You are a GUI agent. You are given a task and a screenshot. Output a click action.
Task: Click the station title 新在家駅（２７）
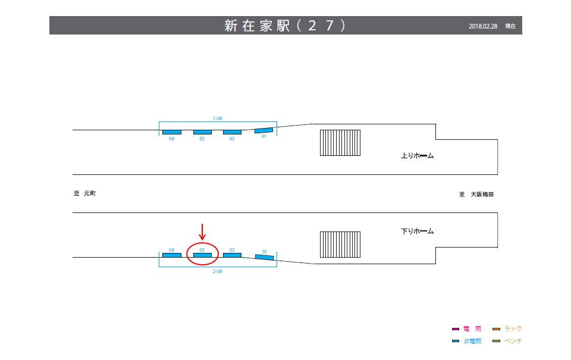[x=285, y=26]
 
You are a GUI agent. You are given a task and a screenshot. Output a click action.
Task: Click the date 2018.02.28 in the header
[x=483, y=26]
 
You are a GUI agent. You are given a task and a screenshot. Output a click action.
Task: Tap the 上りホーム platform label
[x=418, y=156]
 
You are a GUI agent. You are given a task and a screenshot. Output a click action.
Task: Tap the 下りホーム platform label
[x=418, y=231]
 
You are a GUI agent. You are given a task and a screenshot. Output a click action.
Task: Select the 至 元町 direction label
[x=84, y=193]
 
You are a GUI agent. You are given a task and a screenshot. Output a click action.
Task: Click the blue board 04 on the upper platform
[x=172, y=132]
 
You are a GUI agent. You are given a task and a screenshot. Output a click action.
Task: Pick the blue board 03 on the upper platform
[x=202, y=132]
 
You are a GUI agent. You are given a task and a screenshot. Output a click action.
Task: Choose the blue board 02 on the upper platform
[x=232, y=132]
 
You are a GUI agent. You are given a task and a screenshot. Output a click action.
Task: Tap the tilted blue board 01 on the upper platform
[x=263, y=130]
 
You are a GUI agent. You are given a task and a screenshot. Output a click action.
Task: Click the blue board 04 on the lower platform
[x=172, y=255]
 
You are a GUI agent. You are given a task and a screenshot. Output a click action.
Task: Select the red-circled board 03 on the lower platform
[x=202, y=255]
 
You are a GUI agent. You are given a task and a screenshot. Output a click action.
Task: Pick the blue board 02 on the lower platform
[x=232, y=255]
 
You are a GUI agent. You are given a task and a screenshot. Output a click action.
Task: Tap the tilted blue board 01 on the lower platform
[x=265, y=256]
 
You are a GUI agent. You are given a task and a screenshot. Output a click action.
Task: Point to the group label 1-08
[x=217, y=118]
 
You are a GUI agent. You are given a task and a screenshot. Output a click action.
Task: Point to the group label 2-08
[x=217, y=271]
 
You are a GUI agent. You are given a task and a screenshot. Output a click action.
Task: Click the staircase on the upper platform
[x=340, y=143]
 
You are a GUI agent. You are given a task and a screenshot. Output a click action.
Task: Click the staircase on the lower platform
[x=340, y=245]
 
